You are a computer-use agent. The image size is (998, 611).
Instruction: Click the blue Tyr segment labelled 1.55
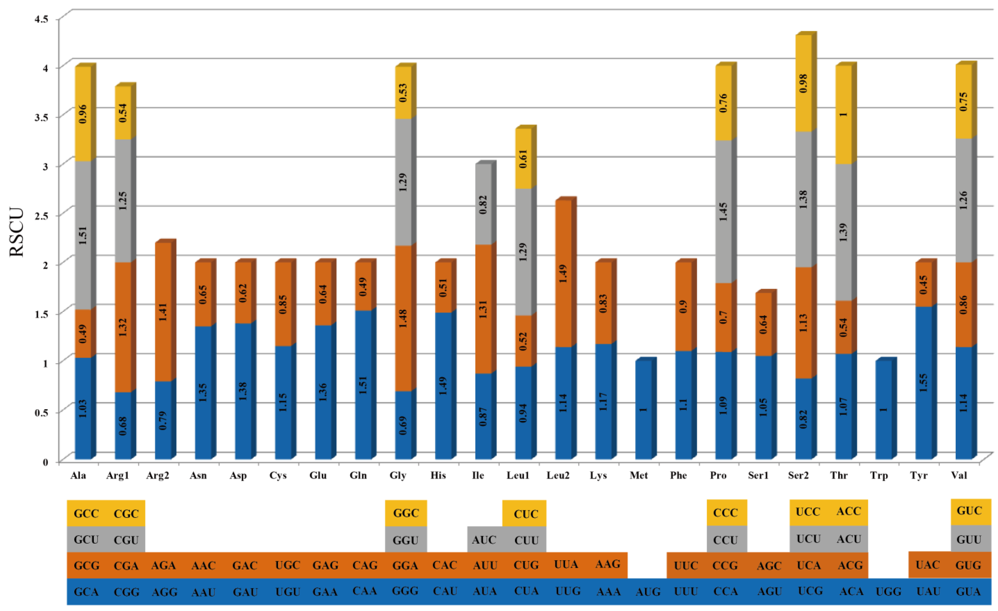coord(923,383)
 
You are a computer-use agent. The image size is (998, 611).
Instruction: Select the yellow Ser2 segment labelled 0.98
coord(803,83)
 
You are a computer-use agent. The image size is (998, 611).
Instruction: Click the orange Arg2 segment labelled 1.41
coord(163,312)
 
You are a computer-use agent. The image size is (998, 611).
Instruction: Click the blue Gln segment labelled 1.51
coord(363,385)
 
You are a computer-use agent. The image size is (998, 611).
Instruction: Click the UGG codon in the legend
coord(888,592)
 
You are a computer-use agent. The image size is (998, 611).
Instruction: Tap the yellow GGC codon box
coord(406,513)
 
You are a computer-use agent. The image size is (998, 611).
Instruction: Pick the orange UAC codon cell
coord(928,564)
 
